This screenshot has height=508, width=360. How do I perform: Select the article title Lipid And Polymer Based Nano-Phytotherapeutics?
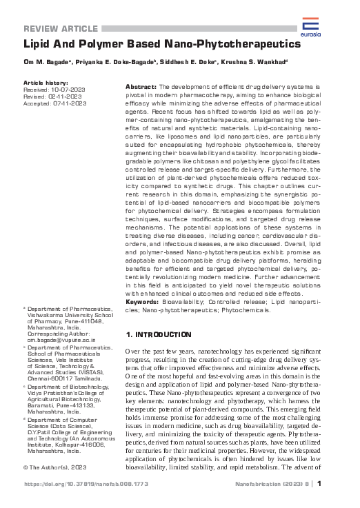tap(163, 43)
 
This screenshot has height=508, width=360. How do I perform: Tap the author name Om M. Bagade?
tap(48, 63)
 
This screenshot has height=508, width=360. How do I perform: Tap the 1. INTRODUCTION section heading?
tap(158, 334)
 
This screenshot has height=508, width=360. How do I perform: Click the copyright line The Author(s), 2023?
tap(52, 467)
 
